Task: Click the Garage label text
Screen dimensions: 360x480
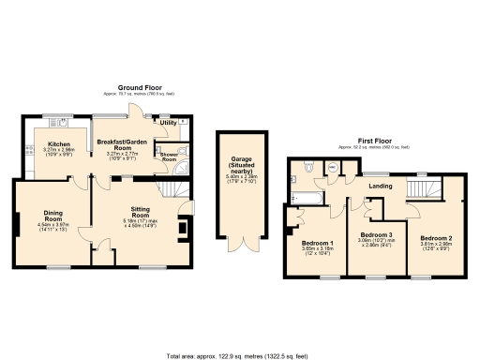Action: coord(236,166)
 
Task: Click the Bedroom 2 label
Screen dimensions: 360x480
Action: coord(436,238)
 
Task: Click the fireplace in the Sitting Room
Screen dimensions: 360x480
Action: coord(184,227)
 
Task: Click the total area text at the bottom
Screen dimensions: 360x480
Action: coord(240,355)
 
